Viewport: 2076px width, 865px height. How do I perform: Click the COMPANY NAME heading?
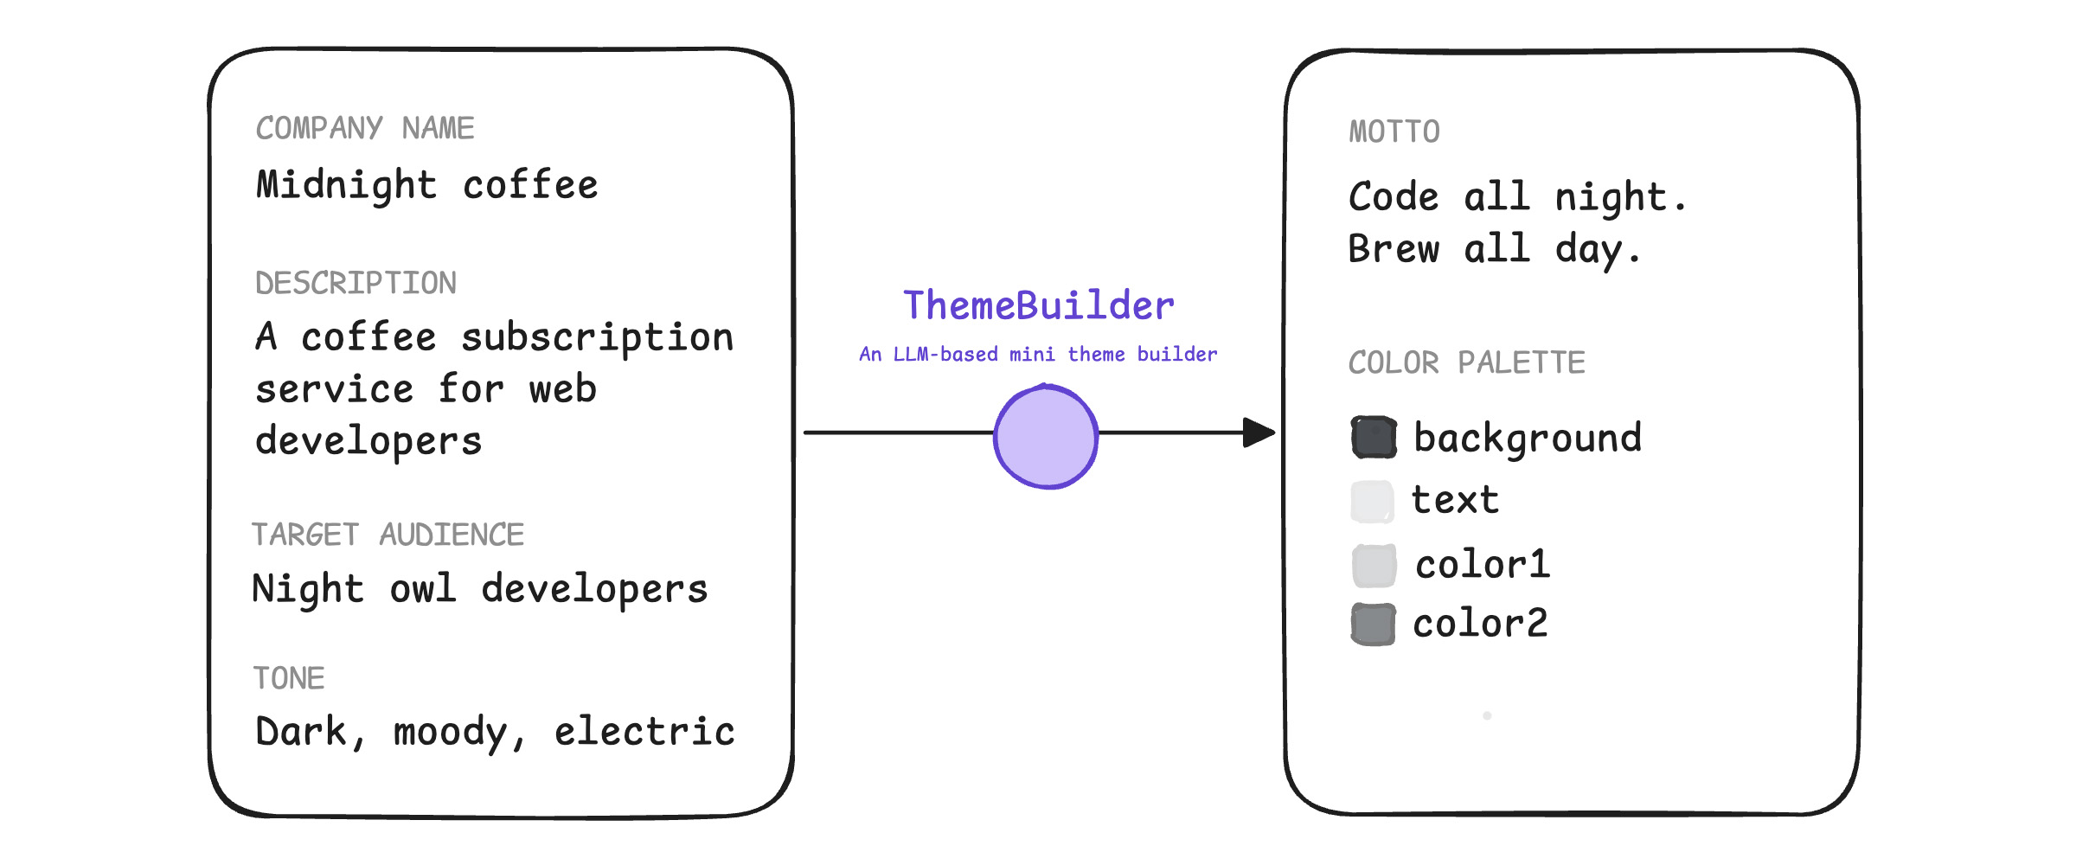pyautogui.click(x=364, y=128)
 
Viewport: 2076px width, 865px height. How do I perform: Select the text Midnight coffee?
pyautogui.click(x=427, y=185)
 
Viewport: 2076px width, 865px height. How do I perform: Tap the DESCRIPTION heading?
pyautogui.click(x=356, y=283)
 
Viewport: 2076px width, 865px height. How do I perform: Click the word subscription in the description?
pyautogui.click(x=597, y=337)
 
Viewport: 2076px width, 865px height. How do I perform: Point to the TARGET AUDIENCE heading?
pyautogui.click(x=388, y=535)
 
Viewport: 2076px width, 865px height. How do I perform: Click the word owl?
pyautogui.click(x=422, y=589)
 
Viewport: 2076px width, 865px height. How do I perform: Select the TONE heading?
pyautogui.click(x=289, y=678)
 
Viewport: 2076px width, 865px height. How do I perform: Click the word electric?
pyautogui.click(x=644, y=732)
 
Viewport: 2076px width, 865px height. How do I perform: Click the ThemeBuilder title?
pyautogui.click(x=1038, y=305)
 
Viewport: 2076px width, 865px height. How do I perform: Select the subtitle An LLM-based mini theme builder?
pyautogui.click(x=1038, y=354)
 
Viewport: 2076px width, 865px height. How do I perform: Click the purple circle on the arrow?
pyautogui.click(x=1046, y=437)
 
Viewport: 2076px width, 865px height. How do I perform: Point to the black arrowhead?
pyautogui.click(x=1259, y=432)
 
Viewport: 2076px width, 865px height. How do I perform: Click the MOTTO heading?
pyautogui.click(x=1394, y=131)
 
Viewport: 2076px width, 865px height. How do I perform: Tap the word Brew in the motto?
pyautogui.click(x=1394, y=249)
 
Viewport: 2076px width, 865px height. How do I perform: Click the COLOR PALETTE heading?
pyautogui.click(x=1466, y=362)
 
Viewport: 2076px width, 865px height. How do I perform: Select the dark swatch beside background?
pyautogui.click(x=1374, y=438)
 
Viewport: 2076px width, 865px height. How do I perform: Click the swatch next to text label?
pyautogui.click(x=1373, y=502)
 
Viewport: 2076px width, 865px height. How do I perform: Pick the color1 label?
pyautogui.click(x=1483, y=565)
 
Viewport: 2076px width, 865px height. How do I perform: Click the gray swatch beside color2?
pyautogui.click(x=1374, y=625)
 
